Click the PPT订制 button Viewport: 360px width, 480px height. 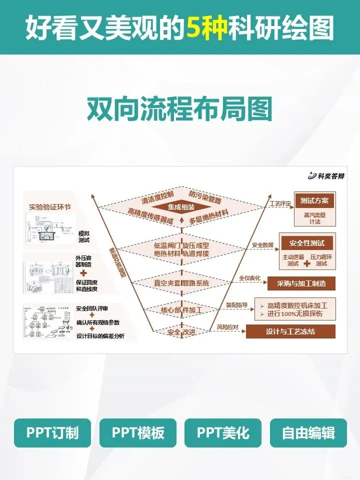(52, 433)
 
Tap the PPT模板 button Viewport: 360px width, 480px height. (138, 433)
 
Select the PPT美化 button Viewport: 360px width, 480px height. (223, 433)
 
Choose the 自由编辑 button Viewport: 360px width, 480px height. (308, 433)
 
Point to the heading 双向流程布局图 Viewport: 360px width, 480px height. (179, 108)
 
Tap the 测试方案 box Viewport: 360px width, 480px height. (314, 200)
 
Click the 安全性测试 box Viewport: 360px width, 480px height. (307, 243)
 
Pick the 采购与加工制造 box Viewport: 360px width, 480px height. (301, 283)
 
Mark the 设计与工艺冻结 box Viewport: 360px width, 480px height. (290, 331)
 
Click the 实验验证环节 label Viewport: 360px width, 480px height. (50, 206)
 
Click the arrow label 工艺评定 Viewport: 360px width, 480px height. (280, 203)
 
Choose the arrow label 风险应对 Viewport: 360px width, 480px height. (227, 327)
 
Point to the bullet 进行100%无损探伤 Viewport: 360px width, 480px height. (295, 314)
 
